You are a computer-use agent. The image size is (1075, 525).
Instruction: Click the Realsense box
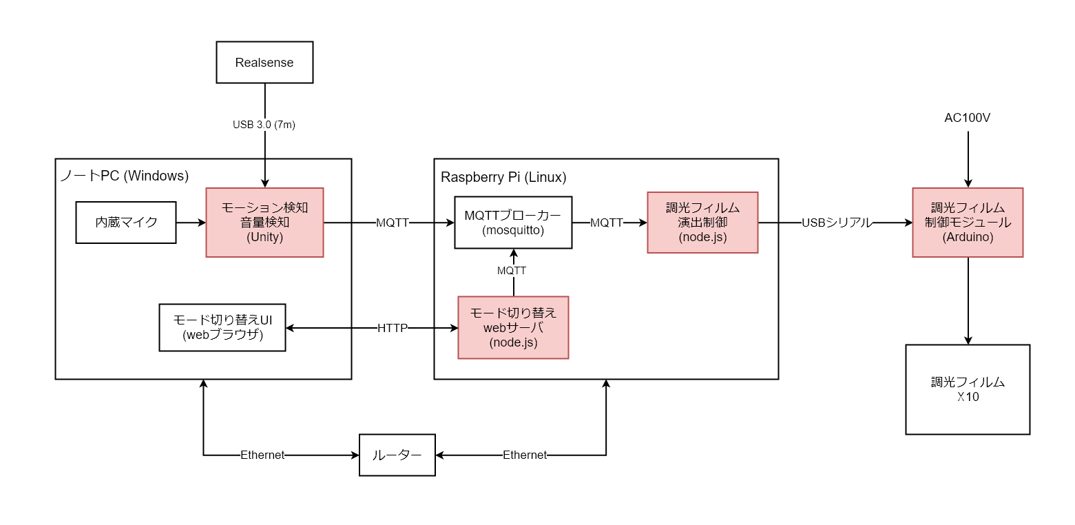(264, 63)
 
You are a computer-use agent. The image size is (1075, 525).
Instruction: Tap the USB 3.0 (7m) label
(264, 125)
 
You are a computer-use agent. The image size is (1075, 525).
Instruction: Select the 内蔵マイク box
(126, 223)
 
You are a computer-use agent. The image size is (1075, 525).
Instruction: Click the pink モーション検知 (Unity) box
(264, 223)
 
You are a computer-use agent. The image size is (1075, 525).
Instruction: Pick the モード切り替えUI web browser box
(222, 327)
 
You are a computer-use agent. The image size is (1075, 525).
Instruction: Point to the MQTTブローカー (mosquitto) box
(513, 223)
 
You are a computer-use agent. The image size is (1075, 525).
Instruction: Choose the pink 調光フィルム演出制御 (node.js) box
(702, 223)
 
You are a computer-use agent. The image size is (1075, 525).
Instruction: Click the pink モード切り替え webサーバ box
(513, 327)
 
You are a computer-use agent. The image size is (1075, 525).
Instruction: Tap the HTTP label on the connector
(393, 328)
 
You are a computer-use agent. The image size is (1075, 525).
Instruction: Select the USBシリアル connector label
(837, 223)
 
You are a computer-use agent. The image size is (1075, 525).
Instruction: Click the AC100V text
(968, 118)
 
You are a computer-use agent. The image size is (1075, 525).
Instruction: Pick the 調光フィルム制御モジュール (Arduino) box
(968, 223)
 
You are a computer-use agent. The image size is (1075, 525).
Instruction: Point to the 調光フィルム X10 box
(968, 389)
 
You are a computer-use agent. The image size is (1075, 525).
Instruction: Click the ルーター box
(397, 455)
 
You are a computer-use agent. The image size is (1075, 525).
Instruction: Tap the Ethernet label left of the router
(262, 455)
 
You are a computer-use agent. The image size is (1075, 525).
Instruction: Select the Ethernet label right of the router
(525, 455)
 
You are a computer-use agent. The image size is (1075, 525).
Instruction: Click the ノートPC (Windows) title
(125, 176)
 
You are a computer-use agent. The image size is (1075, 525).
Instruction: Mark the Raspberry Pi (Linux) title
(503, 177)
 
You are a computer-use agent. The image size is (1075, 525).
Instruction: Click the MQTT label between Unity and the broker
(393, 223)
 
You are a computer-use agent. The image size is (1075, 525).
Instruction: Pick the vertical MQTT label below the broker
(512, 271)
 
